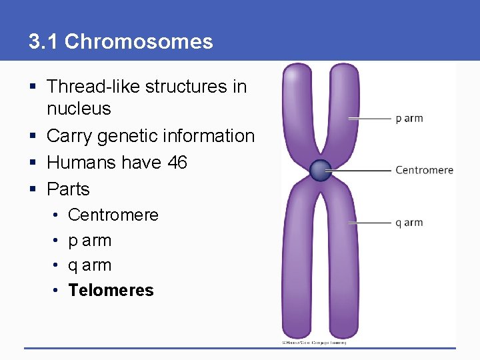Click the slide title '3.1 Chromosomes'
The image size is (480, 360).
pos(121,42)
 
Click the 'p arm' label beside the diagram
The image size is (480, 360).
pos(409,119)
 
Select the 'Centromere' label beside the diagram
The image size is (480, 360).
pos(424,170)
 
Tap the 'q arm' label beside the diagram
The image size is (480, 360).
pos(409,223)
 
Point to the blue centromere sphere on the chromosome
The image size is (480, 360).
pos(320,171)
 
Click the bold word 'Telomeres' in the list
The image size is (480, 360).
pos(111,290)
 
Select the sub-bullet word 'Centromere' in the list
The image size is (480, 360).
pos(113,215)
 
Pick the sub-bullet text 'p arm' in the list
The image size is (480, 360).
pos(89,240)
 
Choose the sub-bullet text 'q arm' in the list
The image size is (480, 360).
pos(89,265)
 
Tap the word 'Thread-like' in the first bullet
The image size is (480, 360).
pos(93,86)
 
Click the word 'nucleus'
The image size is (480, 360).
pos(79,109)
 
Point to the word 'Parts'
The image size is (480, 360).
pos(68,189)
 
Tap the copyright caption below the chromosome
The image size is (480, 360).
pos(313,342)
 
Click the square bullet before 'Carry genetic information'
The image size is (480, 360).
pos(33,136)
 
